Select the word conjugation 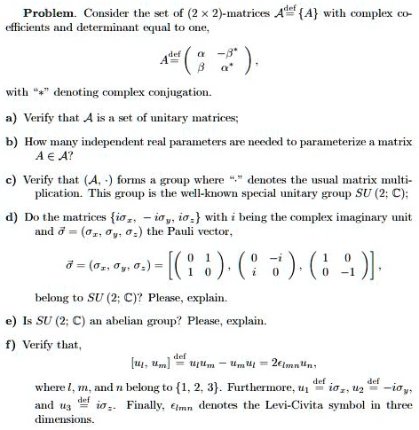180,91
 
